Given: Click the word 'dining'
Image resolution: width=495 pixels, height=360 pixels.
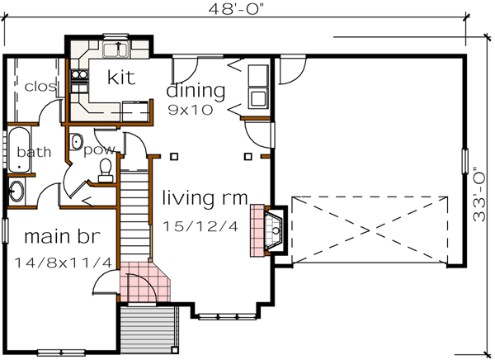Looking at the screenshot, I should click(x=196, y=89).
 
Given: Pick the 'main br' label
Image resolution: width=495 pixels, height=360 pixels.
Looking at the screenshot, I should click(x=61, y=237).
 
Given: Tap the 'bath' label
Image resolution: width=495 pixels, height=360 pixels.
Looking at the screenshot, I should click(x=33, y=152).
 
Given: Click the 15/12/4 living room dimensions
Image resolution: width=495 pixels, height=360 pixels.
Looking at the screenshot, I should click(x=200, y=225).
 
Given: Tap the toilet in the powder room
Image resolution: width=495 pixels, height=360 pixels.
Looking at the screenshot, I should click(x=106, y=170).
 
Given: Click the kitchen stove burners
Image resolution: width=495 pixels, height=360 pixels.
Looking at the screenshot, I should click(x=81, y=78).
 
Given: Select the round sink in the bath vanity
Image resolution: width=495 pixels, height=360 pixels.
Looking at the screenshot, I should click(x=17, y=192).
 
